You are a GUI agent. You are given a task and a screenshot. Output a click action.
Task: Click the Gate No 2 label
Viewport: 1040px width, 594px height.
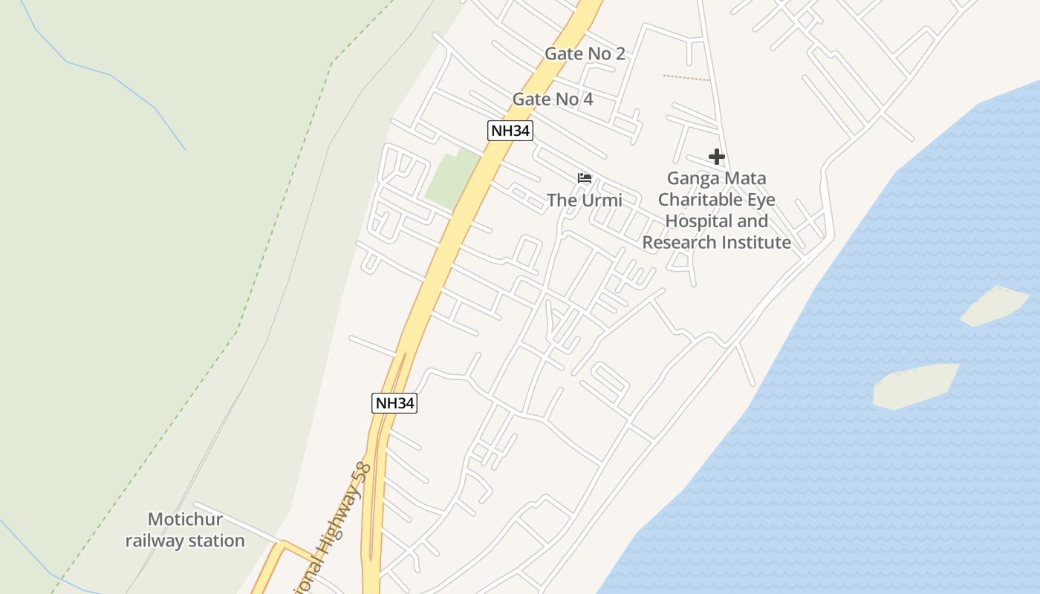pyautogui.click(x=585, y=53)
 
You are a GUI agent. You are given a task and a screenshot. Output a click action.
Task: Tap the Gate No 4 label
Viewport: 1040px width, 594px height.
pyautogui.click(x=553, y=99)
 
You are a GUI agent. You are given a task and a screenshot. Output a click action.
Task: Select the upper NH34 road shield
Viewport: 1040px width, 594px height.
pyautogui.click(x=510, y=131)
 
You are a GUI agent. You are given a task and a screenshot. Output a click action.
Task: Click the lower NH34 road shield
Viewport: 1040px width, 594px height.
pyautogui.click(x=394, y=403)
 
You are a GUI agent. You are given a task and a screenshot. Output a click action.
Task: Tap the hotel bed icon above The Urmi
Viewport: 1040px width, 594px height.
pyautogui.click(x=585, y=178)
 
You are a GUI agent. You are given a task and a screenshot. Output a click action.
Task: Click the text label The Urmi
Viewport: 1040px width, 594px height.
pyautogui.click(x=585, y=200)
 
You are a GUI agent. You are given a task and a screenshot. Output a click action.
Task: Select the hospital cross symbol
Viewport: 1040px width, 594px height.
pyautogui.click(x=716, y=157)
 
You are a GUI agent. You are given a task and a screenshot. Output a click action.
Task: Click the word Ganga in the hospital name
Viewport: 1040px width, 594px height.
pyautogui.click(x=691, y=178)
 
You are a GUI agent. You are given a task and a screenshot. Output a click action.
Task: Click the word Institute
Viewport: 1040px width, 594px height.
pyautogui.click(x=756, y=242)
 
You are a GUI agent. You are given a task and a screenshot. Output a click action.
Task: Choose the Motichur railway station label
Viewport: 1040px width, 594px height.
pyautogui.click(x=185, y=529)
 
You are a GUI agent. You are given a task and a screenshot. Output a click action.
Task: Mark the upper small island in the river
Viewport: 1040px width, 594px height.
pyautogui.click(x=994, y=306)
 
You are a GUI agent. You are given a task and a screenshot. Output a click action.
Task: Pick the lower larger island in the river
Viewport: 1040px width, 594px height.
pyautogui.click(x=915, y=385)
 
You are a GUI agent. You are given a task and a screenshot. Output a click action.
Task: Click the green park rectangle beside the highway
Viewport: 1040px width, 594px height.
pyautogui.click(x=452, y=180)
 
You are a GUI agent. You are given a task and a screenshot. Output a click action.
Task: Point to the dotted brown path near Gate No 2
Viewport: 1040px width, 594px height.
pyautogui.click(x=686, y=77)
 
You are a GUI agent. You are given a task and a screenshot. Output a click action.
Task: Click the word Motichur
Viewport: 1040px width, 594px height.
pyautogui.click(x=185, y=519)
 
